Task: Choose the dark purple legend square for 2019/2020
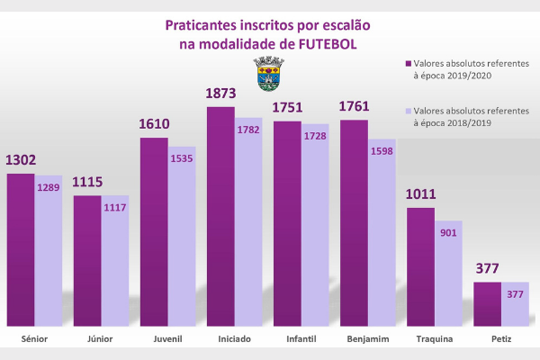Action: (407, 65)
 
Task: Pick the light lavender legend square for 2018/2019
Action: (407, 112)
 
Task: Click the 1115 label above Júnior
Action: (87, 183)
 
